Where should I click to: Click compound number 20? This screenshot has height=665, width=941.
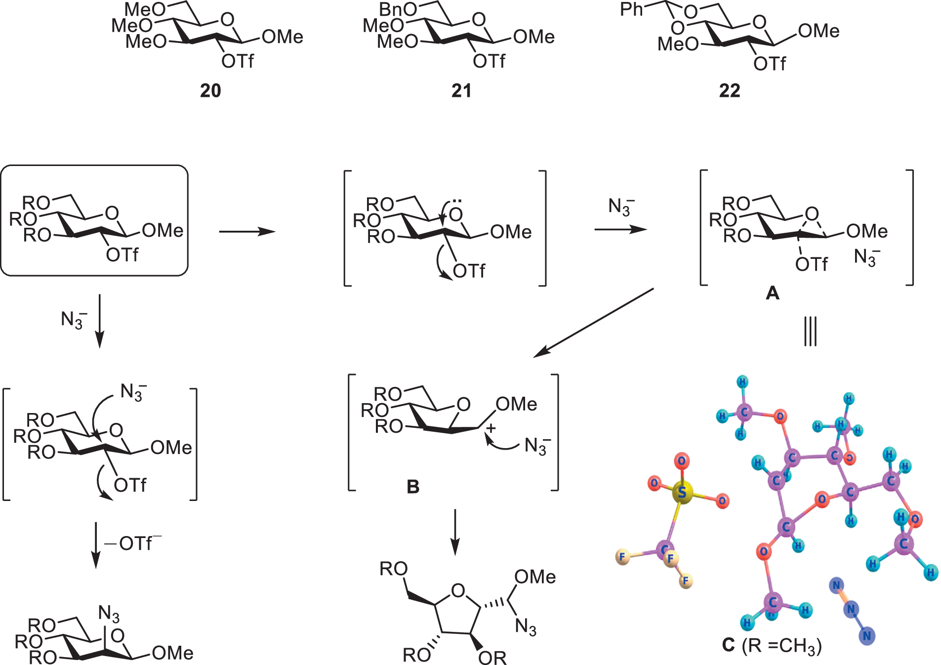(210, 90)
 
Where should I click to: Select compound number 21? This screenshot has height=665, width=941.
(461, 90)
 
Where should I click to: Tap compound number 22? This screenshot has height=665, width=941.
(730, 90)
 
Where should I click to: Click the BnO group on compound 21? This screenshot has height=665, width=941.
(398, 9)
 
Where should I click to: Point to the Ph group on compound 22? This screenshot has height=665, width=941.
(631, 9)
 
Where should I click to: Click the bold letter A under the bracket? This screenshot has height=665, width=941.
(772, 293)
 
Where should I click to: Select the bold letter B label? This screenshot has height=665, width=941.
(413, 487)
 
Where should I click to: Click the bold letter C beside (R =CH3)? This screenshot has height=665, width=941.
(728, 645)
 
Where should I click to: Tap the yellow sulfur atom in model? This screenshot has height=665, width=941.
(682, 492)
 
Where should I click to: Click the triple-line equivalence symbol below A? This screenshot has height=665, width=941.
(810, 332)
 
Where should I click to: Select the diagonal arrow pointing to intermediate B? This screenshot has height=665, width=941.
(593, 323)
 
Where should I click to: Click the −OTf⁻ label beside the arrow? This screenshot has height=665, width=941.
(132, 543)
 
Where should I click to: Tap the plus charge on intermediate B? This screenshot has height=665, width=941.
(491, 428)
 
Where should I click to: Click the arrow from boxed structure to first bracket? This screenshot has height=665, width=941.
(247, 231)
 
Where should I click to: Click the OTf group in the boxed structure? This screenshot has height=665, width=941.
(122, 255)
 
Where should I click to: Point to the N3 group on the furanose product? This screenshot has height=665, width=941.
(526, 626)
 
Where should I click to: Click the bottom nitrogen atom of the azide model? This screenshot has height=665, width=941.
(867, 636)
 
